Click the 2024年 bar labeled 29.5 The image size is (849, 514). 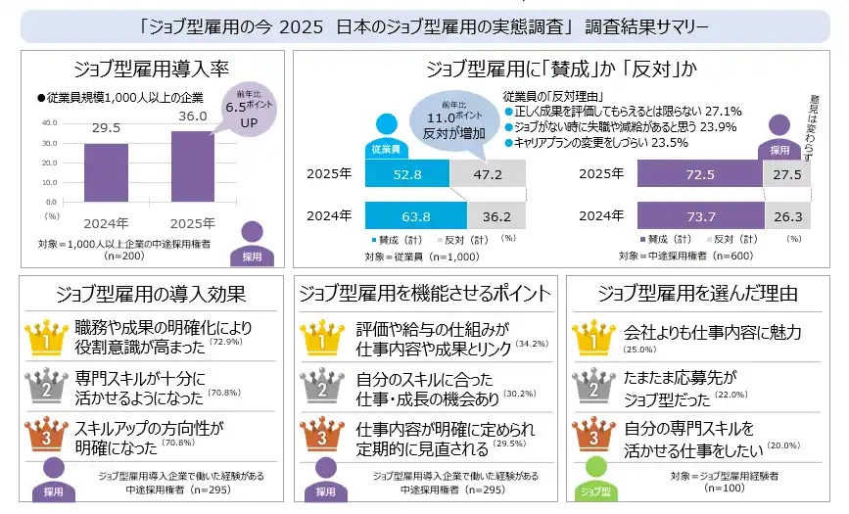[x=106, y=172]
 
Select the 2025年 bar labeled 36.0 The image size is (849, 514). [x=193, y=166]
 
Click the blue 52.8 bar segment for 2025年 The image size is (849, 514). [x=406, y=175]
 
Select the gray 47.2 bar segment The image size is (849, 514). [x=487, y=175]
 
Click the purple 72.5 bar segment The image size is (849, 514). [x=699, y=175]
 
